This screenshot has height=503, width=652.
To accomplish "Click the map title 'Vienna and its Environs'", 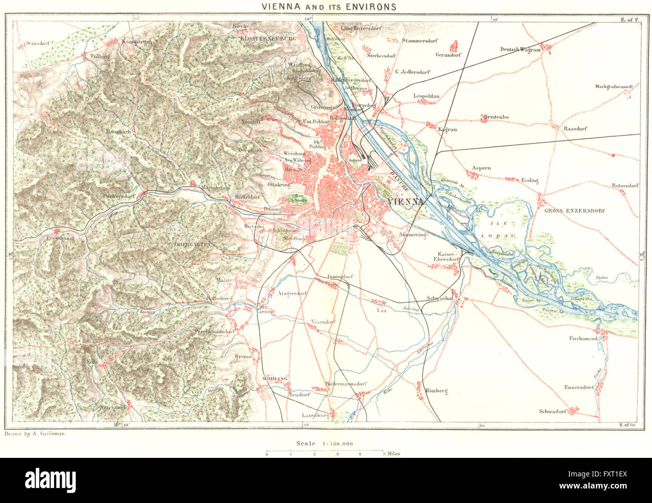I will [328, 7].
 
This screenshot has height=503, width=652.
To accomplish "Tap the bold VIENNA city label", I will [407, 202].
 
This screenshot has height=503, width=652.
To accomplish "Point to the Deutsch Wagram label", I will [521, 49].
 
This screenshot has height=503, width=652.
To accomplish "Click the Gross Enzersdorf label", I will [575, 211].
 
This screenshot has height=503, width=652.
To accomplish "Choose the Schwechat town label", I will [439, 298].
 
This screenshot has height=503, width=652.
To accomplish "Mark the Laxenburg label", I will [314, 415].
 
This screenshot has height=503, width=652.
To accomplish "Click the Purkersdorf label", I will [119, 196].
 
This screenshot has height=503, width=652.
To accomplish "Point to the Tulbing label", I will [100, 57].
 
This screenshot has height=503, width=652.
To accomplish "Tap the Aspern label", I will [481, 168].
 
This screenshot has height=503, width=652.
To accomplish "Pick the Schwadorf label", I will [552, 411].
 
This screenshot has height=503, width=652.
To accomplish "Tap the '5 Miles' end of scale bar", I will [390, 454].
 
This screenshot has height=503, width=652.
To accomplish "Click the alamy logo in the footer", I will [51, 479].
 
